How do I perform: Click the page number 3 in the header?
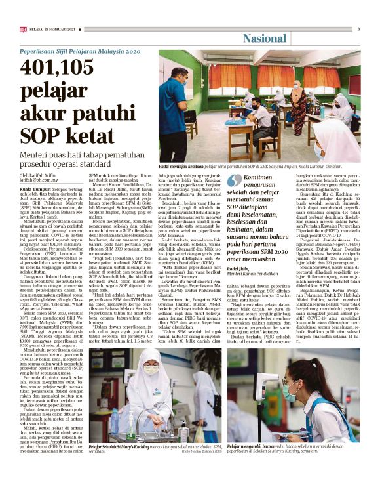coord(358,29)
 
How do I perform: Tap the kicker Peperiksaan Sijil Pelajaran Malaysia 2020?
coord(80,51)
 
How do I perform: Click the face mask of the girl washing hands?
coord(149,370)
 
